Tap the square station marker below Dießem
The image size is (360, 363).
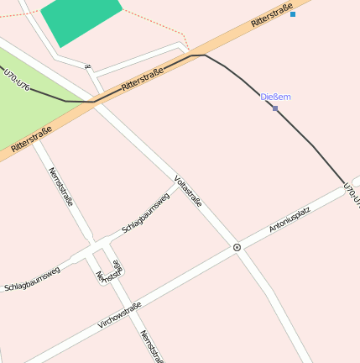275,108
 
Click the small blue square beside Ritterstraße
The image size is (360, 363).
293,14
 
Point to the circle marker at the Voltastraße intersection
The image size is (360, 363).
237,247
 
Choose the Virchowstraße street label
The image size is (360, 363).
119,314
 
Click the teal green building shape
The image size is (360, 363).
81,18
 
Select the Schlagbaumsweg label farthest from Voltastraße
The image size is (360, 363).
32,278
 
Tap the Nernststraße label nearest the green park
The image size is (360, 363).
61,187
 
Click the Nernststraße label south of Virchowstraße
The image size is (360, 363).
151,346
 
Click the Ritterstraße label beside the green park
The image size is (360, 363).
32,139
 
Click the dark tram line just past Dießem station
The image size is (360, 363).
302,135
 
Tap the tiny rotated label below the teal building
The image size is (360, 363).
87,65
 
